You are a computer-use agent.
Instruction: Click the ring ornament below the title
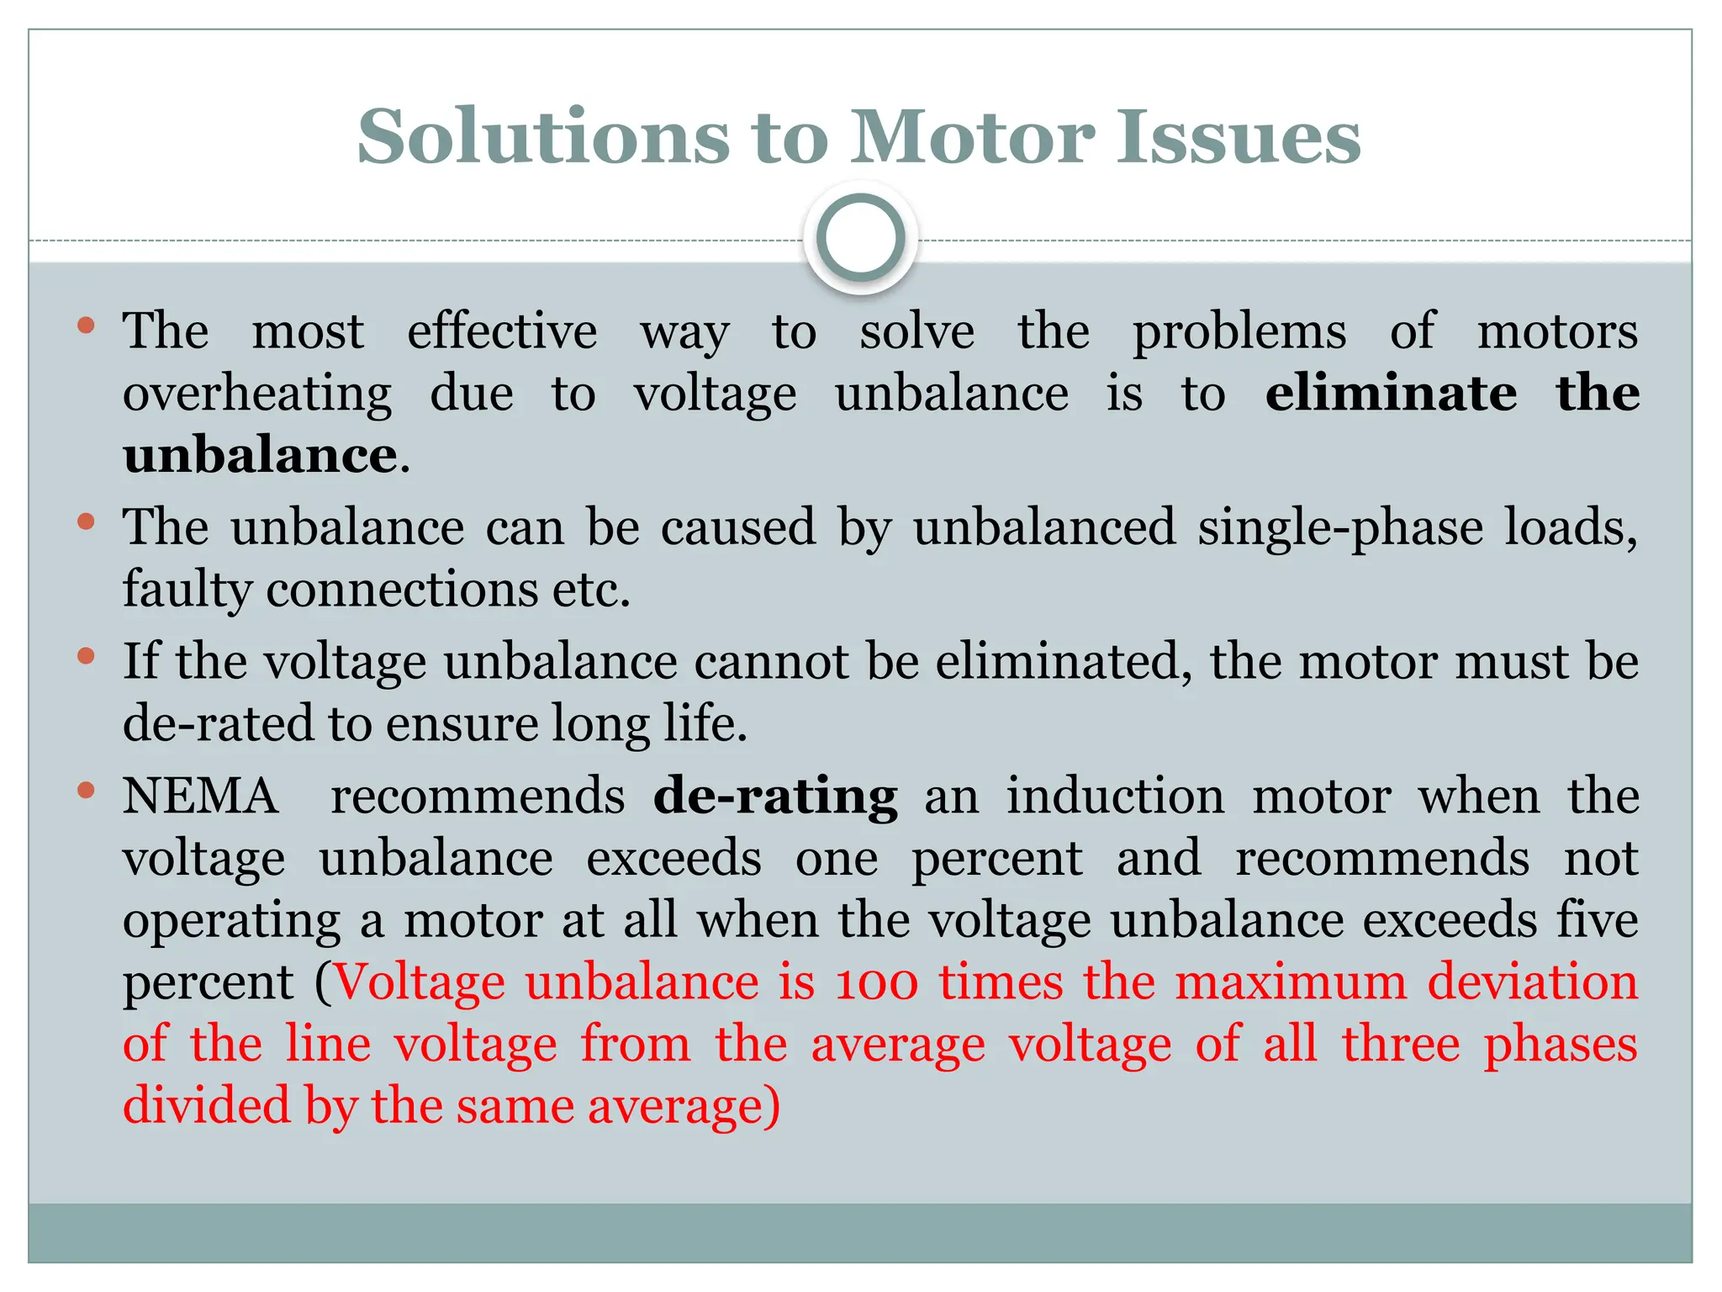[860, 239]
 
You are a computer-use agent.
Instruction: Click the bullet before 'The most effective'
[86, 326]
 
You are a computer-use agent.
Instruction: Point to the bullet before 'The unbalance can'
[86, 522]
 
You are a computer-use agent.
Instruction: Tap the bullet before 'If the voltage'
[86, 656]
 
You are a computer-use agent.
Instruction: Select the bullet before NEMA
[86, 791]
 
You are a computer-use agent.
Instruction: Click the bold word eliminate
[1391, 393]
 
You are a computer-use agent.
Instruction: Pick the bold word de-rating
[775, 796]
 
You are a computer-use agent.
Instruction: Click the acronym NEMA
[200, 796]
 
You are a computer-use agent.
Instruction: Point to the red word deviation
[1532, 982]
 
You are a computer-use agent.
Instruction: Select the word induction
[1115, 796]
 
